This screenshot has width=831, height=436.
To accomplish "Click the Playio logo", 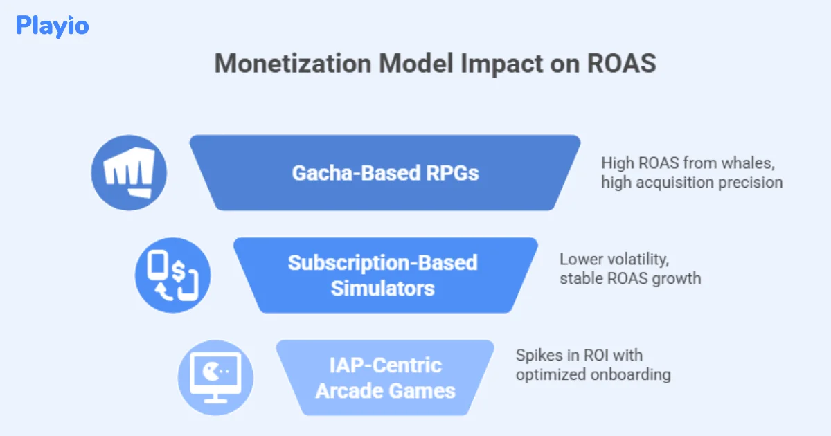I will [x=52, y=26].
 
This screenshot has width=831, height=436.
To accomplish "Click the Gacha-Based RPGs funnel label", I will [x=385, y=172].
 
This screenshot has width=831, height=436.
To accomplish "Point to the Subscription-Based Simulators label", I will [x=383, y=275].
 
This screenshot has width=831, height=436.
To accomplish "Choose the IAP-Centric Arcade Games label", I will [x=385, y=378].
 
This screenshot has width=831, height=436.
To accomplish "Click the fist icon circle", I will [x=129, y=172].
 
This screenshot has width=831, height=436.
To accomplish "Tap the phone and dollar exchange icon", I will [x=172, y=275].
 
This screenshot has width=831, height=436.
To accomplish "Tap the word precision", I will [x=754, y=183].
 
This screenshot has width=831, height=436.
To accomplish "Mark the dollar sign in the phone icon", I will [x=180, y=271].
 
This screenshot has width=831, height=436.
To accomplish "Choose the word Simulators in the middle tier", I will [x=383, y=287].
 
